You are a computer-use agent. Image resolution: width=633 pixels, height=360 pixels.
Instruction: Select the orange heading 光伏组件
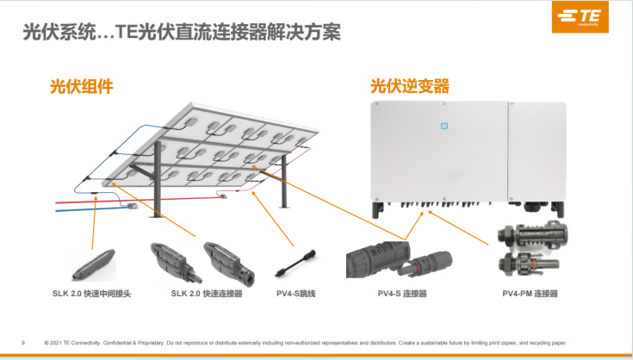(x=81, y=87)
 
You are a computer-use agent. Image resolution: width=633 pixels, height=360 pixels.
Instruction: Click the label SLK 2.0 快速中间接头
(x=91, y=294)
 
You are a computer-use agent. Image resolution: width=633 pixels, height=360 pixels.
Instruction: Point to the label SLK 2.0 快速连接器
(x=207, y=294)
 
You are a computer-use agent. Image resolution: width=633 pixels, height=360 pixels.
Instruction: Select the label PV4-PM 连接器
(x=530, y=294)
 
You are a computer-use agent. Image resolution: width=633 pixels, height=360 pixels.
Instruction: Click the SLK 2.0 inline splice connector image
(x=93, y=262)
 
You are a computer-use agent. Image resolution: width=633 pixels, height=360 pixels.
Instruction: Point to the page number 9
(x=22, y=342)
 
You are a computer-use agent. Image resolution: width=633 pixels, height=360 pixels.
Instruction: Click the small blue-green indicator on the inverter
(x=444, y=126)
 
